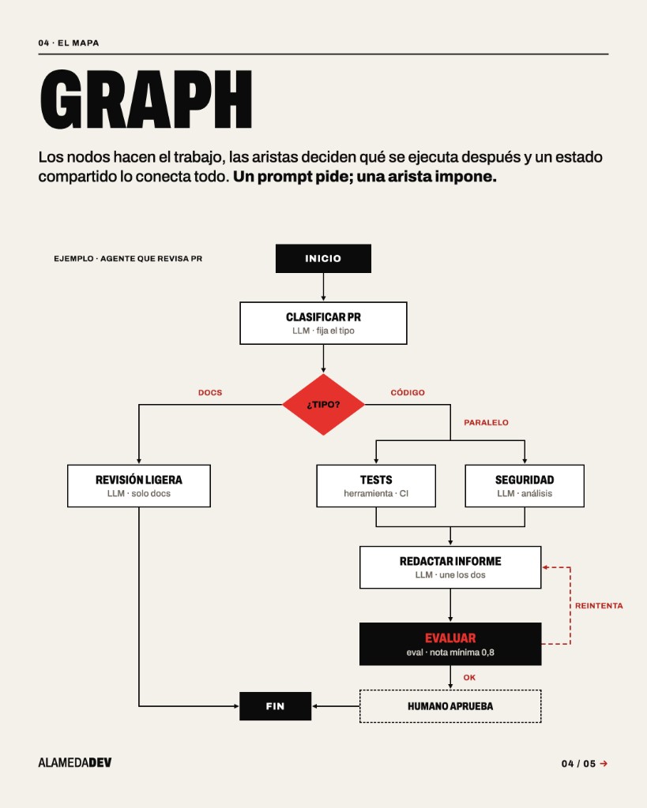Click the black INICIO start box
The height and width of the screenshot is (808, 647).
click(323, 258)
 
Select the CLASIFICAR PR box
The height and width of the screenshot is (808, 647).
click(323, 323)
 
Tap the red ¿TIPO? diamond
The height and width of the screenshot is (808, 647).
click(323, 405)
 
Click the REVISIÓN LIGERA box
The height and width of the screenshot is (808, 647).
click(139, 486)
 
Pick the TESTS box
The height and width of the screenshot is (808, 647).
click(375, 486)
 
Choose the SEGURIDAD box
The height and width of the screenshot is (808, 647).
click(525, 486)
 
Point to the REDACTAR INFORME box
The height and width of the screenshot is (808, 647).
click(450, 567)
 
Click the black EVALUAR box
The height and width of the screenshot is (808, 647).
click(450, 644)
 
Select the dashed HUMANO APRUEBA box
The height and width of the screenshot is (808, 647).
click(450, 706)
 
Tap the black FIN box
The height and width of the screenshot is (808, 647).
click(275, 706)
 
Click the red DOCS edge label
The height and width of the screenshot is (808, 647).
click(210, 393)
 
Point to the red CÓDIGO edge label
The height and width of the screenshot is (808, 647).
click(408, 393)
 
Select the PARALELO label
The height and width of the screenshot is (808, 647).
click(486, 423)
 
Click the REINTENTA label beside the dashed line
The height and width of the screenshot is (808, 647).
click(599, 605)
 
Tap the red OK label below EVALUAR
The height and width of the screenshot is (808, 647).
click(469, 678)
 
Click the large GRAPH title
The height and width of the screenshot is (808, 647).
click(146, 99)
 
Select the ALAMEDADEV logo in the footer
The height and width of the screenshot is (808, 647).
click(75, 763)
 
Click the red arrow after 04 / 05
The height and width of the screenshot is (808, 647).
click(604, 764)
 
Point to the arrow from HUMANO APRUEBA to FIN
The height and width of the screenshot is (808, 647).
click(336, 706)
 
